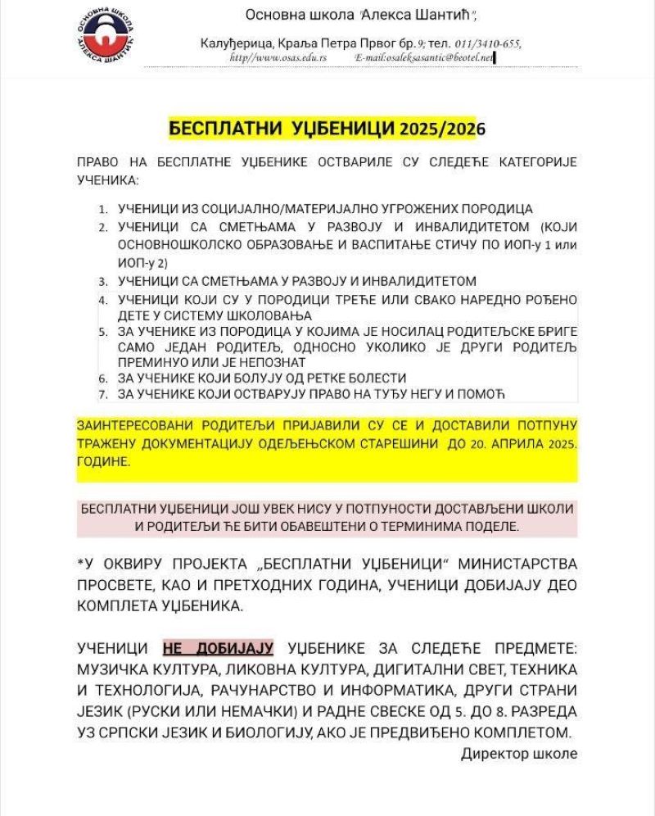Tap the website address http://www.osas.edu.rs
[278, 58]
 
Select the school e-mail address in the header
[425, 58]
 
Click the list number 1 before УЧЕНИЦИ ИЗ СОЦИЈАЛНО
[103, 210]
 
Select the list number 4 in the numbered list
[103, 301]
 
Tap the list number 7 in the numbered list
[103, 395]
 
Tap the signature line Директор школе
[519, 753]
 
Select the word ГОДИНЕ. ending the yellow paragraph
[104, 462]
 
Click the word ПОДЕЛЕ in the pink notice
[490, 526]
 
